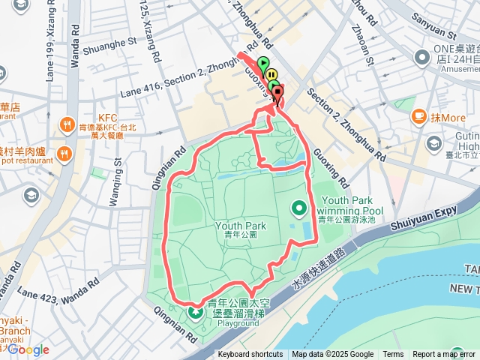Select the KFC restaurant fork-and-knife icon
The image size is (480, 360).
tap(67, 124)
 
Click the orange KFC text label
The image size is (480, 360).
tap(108, 118)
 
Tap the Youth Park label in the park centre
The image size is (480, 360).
tap(241, 226)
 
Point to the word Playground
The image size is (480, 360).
tap(238, 324)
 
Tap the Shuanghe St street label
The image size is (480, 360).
tap(111, 46)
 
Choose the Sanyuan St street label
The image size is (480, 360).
tap(435, 34)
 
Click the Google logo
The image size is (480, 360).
tap(28, 349)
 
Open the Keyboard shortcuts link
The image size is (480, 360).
tap(250, 355)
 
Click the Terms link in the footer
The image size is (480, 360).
tap(393, 355)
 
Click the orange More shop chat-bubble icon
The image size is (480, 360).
tap(419, 117)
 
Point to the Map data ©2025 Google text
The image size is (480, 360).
tap(332, 355)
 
